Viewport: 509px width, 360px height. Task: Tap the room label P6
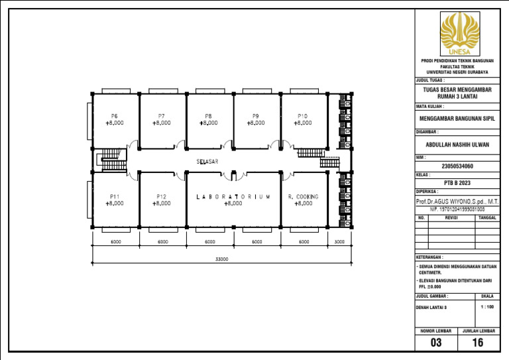(x=115, y=116)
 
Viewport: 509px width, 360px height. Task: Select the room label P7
(x=161, y=116)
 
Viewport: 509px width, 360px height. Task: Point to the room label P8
(x=208, y=116)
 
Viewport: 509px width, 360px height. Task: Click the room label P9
(x=256, y=116)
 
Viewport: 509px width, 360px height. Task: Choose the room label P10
(x=302, y=116)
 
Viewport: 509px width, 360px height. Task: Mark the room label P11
(x=115, y=196)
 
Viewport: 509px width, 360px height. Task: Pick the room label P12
(x=161, y=196)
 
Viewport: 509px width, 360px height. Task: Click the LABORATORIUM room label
(x=233, y=196)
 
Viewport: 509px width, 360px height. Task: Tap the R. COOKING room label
(x=304, y=196)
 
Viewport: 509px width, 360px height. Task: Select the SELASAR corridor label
(x=207, y=161)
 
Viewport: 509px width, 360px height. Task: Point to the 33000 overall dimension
(x=221, y=259)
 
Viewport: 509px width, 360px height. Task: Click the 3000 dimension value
(x=339, y=242)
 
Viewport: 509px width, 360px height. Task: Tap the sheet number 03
(x=435, y=343)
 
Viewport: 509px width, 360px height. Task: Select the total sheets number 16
(x=478, y=343)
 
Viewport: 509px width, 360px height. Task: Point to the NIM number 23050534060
(x=457, y=166)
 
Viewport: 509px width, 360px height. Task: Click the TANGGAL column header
(x=487, y=217)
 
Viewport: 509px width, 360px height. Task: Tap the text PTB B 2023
(x=457, y=182)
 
